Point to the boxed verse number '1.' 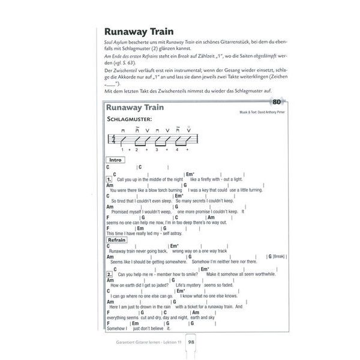(109, 179)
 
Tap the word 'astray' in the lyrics (174, 233)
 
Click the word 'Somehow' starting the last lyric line (117, 328)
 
